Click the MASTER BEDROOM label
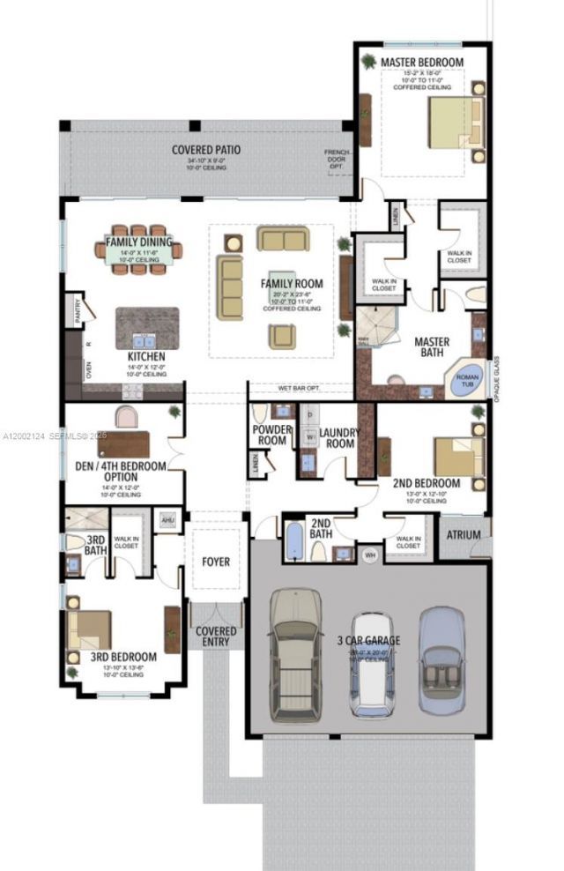[421, 63]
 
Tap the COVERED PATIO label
[206, 150]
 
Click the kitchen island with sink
[147, 328]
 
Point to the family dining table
[139, 250]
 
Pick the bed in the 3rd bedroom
[89, 629]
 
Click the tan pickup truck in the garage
[295, 653]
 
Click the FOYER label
[216, 562]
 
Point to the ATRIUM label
[464, 535]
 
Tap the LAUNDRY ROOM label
[337, 437]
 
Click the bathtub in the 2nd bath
[294, 541]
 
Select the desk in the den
[123, 443]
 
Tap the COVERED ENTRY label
[215, 636]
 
